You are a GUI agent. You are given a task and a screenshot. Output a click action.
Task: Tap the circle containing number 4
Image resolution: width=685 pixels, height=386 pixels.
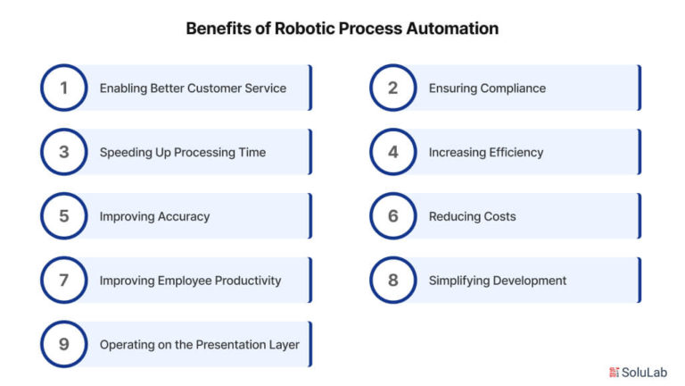coord(393,129)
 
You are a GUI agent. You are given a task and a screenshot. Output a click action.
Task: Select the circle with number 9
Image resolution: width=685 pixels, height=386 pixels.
coord(64,322)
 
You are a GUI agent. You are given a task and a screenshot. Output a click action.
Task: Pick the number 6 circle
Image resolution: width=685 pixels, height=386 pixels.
coord(393,193)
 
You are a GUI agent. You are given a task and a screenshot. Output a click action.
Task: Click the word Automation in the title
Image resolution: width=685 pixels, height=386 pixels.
coord(452,29)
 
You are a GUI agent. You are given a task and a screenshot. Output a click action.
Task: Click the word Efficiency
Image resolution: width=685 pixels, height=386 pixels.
coord(516,152)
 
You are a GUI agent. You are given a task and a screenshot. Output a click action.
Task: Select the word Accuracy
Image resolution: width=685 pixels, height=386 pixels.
coord(184,216)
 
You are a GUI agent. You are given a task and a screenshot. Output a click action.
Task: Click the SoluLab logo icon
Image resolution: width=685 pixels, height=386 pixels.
coord(615,373)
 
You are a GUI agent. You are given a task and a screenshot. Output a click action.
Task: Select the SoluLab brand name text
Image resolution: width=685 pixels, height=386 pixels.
coord(644,373)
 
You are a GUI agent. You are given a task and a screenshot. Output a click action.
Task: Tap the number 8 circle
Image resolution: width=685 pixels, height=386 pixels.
coord(393,257)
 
